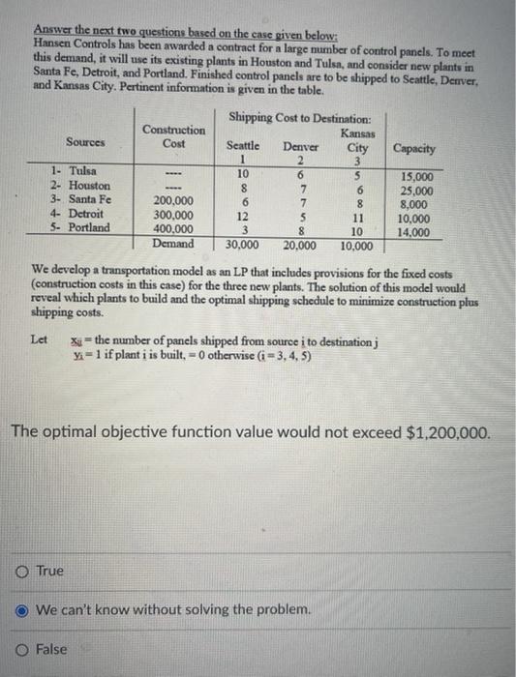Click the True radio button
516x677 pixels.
21,572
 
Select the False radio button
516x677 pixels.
21,649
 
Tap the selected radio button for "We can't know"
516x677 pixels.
21,610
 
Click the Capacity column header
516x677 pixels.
413,150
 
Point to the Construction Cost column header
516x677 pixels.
173,136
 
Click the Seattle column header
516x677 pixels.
242,146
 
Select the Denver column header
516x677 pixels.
301,146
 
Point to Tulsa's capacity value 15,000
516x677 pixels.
416,178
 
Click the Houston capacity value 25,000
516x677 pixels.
416,191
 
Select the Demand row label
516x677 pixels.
173,244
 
